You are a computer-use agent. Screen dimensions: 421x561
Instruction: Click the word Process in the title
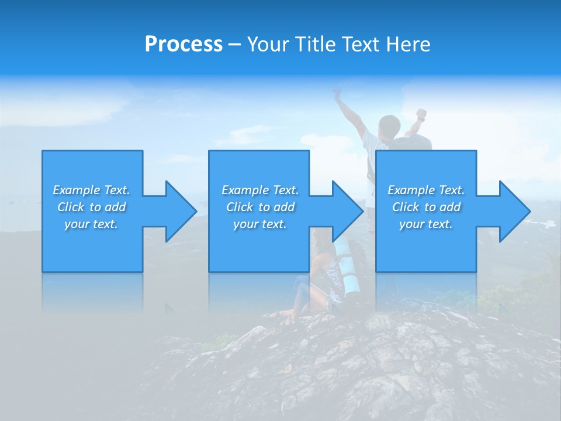tap(183, 44)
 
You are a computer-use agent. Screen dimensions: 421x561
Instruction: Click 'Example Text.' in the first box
tap(91, 190)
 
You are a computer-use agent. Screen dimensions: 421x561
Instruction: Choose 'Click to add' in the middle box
tap(260, 207)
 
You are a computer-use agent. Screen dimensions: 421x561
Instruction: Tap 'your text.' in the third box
tap(425, 224)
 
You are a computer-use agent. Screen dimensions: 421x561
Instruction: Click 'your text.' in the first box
tap(91, 224)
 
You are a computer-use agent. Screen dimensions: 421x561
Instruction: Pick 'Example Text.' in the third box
tap(425, 190)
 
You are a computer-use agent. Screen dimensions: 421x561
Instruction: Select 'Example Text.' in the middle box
tap(260, 190)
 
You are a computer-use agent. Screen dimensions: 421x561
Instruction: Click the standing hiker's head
tap(389, 125)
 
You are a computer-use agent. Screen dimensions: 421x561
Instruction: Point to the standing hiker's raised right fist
tap(421, 113)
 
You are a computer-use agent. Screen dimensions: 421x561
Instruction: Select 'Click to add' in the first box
tap(91, 207)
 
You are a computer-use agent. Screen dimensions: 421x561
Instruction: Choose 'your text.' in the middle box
tap(260, 224)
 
